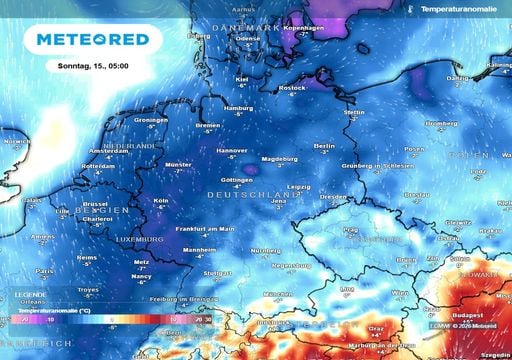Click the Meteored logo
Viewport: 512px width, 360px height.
(92, 39)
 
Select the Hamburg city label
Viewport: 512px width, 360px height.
(238, 107)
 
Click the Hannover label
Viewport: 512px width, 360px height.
(232, 150)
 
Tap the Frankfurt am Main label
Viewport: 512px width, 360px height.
(205, 229)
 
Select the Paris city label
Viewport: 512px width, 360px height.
(44, 270)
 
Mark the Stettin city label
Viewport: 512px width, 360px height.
(354, 112)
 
